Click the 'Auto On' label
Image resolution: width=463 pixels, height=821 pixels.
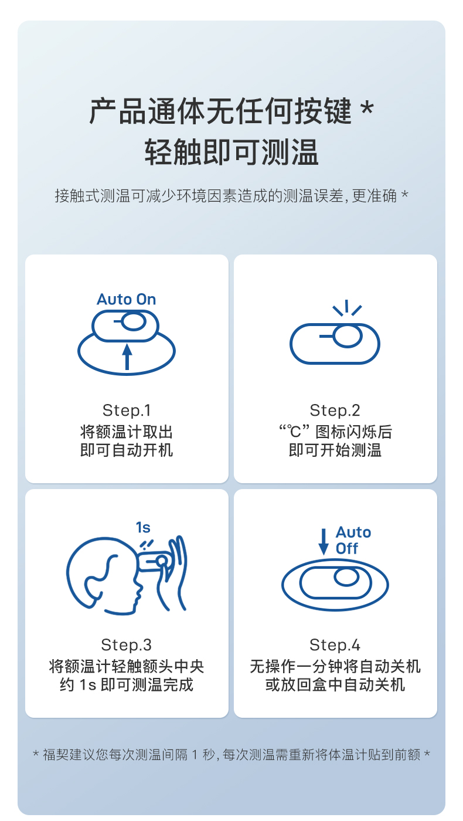coord(126,300)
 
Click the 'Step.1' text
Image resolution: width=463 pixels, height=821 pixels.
coord(127,410)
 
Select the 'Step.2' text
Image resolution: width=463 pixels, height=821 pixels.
coord(335,410)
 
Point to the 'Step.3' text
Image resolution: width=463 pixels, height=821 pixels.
coord(127,645)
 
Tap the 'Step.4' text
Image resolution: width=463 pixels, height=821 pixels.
coord(335,645)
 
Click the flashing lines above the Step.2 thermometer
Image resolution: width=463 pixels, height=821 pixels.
coord(346,308)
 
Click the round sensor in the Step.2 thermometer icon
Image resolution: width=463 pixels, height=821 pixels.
coord(347,337)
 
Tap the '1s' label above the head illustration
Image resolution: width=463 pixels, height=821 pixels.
coord(143,528)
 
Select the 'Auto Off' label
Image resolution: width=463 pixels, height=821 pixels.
coord(353,541)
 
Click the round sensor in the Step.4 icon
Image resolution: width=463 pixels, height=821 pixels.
coord(346,578)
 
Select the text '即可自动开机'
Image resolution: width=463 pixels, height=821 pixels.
coord(127,450)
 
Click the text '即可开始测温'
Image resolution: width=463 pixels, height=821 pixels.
coord(335,450)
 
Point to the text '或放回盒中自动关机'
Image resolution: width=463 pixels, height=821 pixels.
coord(335,684)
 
